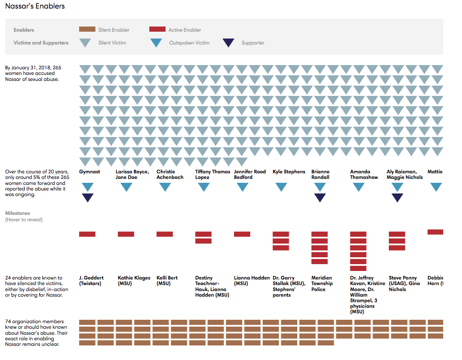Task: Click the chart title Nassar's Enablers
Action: [35, 6]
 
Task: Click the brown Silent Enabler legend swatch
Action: [87, 30]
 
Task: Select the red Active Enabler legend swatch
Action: [157, 30]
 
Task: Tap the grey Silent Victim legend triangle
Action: [86, 42]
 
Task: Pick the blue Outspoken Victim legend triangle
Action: [156, 42]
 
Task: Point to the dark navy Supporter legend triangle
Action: [228, 42]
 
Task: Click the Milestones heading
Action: [18, 213]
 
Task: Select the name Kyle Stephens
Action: [289, 172]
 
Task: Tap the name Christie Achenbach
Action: [170, 174]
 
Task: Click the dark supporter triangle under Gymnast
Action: [87, 197]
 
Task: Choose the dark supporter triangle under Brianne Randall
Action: [320, 197]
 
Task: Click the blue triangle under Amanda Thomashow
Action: [358, 187]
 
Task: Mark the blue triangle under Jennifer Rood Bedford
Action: [243, 187]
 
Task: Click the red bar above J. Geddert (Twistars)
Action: [87, 234]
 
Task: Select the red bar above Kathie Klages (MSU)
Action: [126, 234]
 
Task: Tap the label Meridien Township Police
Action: [322, 283]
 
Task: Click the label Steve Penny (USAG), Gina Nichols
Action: [404, 283]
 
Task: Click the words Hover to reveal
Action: [24, 220]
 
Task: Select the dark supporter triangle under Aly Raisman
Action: [397, 197]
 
